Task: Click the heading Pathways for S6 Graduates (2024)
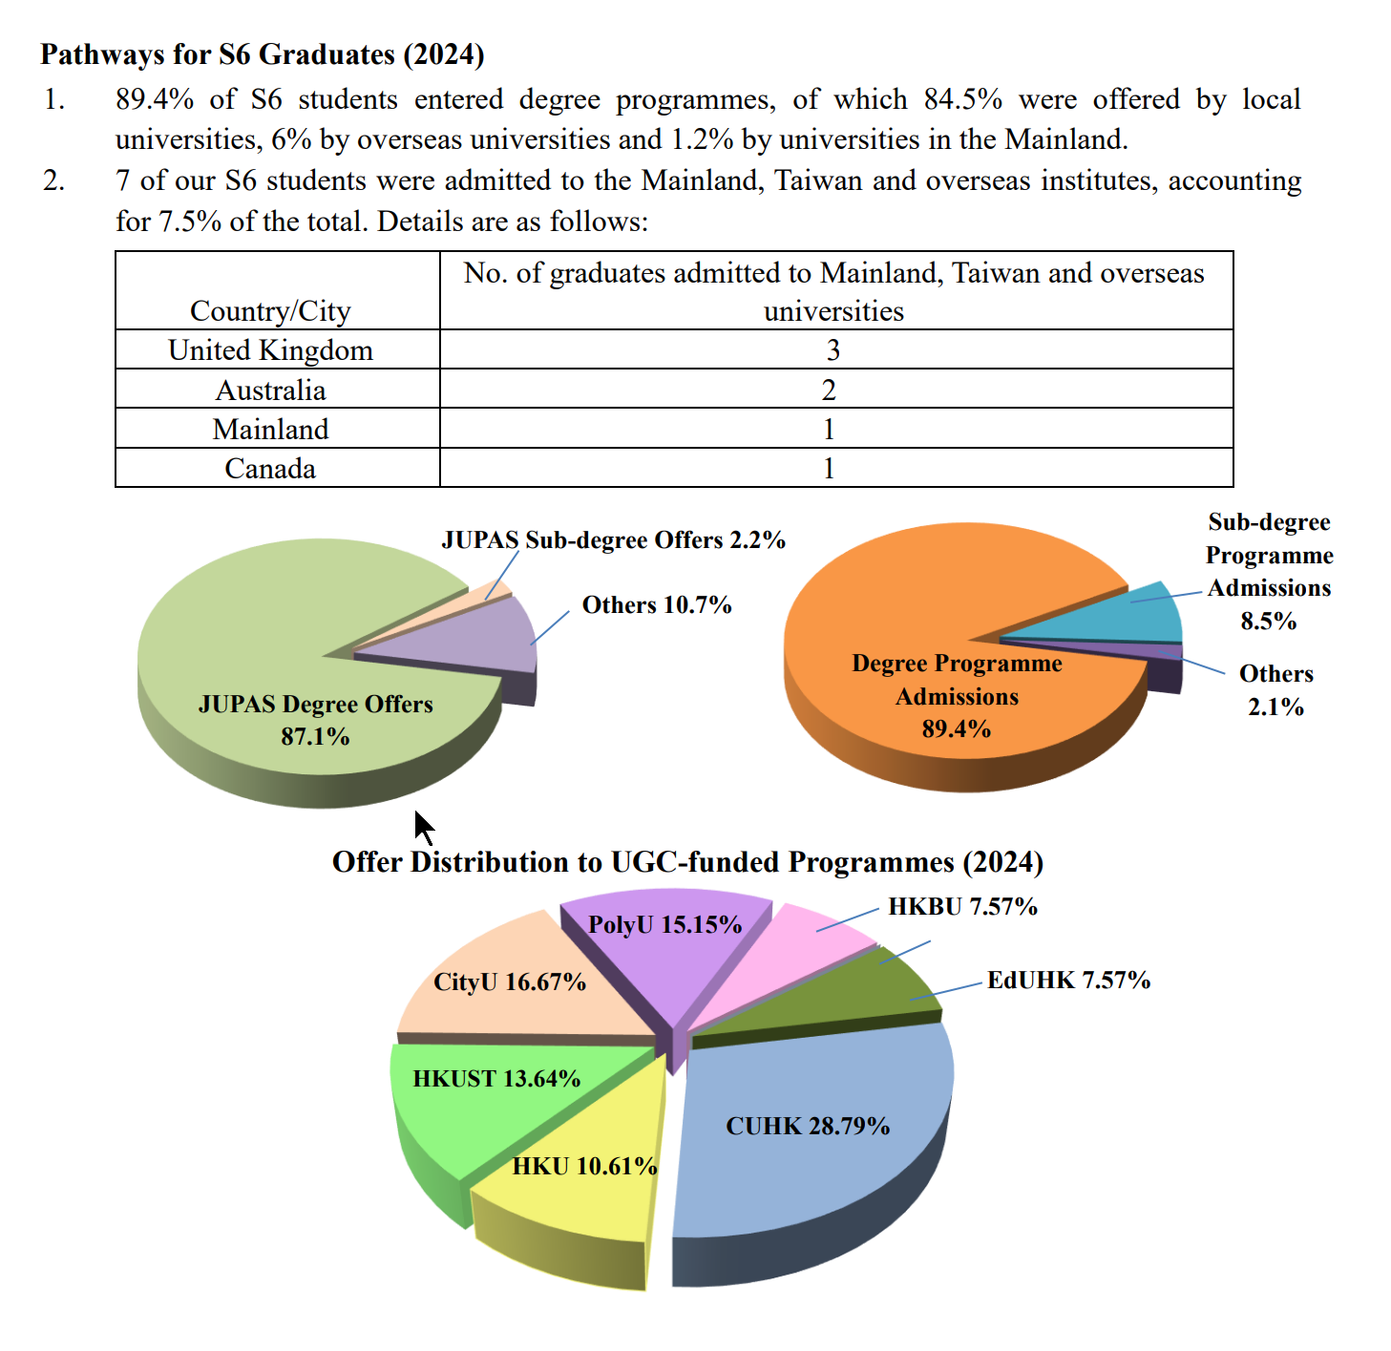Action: (263, 54)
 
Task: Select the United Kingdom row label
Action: (270, 350)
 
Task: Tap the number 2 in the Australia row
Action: (829, 390)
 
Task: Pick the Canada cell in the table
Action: (270, 469)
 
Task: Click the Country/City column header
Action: (270, 310)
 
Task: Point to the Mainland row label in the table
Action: (270, 430)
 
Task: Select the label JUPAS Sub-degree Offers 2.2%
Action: (613, 540)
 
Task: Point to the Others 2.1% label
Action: (1275, 690)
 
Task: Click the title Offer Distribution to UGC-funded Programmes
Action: (687, 862)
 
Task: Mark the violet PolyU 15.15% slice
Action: (668, 945)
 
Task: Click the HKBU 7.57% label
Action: (962, 906)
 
